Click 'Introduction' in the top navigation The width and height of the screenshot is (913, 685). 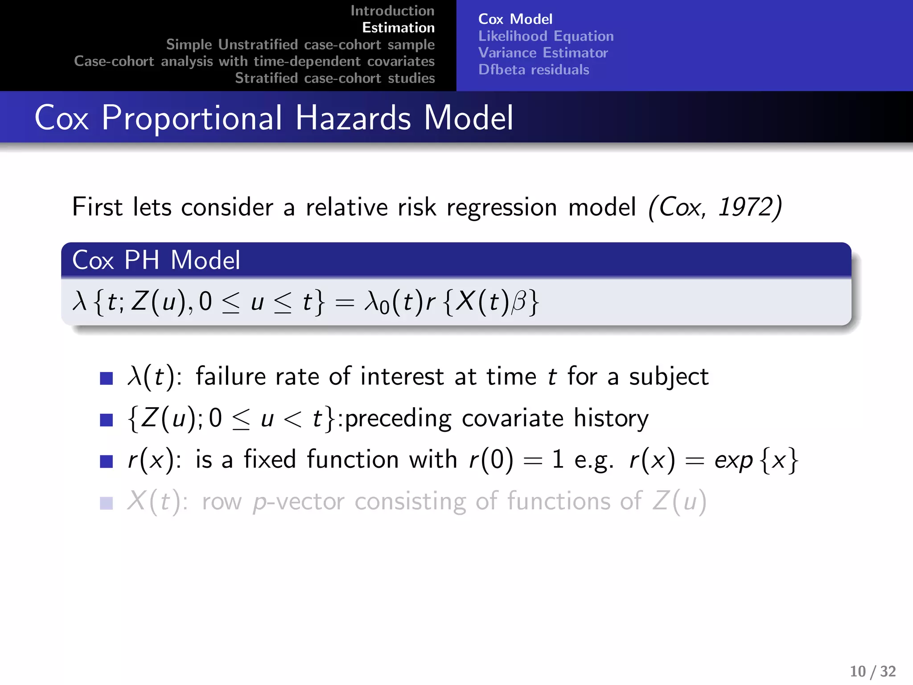tap(392, 11)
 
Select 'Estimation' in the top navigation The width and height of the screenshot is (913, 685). tap(398, 28)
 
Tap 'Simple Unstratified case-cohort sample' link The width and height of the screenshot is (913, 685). tap(300, 45)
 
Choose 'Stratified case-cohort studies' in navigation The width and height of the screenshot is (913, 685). tap(335, 78)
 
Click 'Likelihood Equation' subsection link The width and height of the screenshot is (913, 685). tap(546, 36)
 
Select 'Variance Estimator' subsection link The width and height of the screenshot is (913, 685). tap(543, 53)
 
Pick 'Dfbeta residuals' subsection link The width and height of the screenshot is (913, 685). tap(534, 70)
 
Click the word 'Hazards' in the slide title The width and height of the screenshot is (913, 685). tap(353, 118)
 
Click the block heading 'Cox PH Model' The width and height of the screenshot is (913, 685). tap(156, 260)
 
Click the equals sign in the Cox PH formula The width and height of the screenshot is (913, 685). tap(345, 303)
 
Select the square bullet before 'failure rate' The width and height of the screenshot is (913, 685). tap(107, 378)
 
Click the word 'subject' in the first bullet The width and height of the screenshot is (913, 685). tap(669, 377)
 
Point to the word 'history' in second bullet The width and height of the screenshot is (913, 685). tap(611, 418)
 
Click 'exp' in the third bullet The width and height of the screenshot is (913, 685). tap(733, 460)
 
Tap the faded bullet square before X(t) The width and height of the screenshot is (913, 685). tap(107, 503)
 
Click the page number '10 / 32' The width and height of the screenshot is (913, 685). tap(872, 671)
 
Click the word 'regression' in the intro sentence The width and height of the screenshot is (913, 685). tap(502, 208)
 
